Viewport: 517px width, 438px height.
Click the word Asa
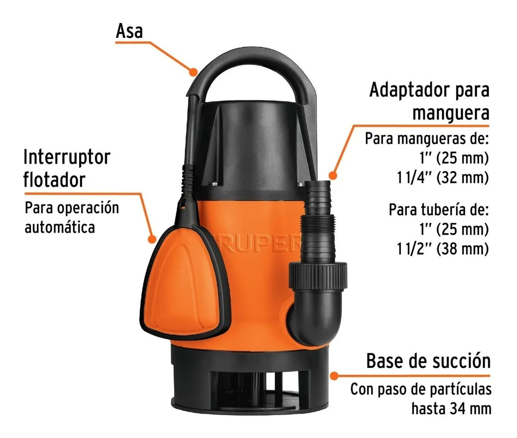pos(129,31)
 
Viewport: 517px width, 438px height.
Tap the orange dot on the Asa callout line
pos(193,72)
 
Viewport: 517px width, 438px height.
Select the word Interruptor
pos(67,157)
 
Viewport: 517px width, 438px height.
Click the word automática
pos(60,227)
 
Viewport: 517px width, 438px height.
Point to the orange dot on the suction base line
pos(334,376)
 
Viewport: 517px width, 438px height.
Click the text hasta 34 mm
pos(452,409)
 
